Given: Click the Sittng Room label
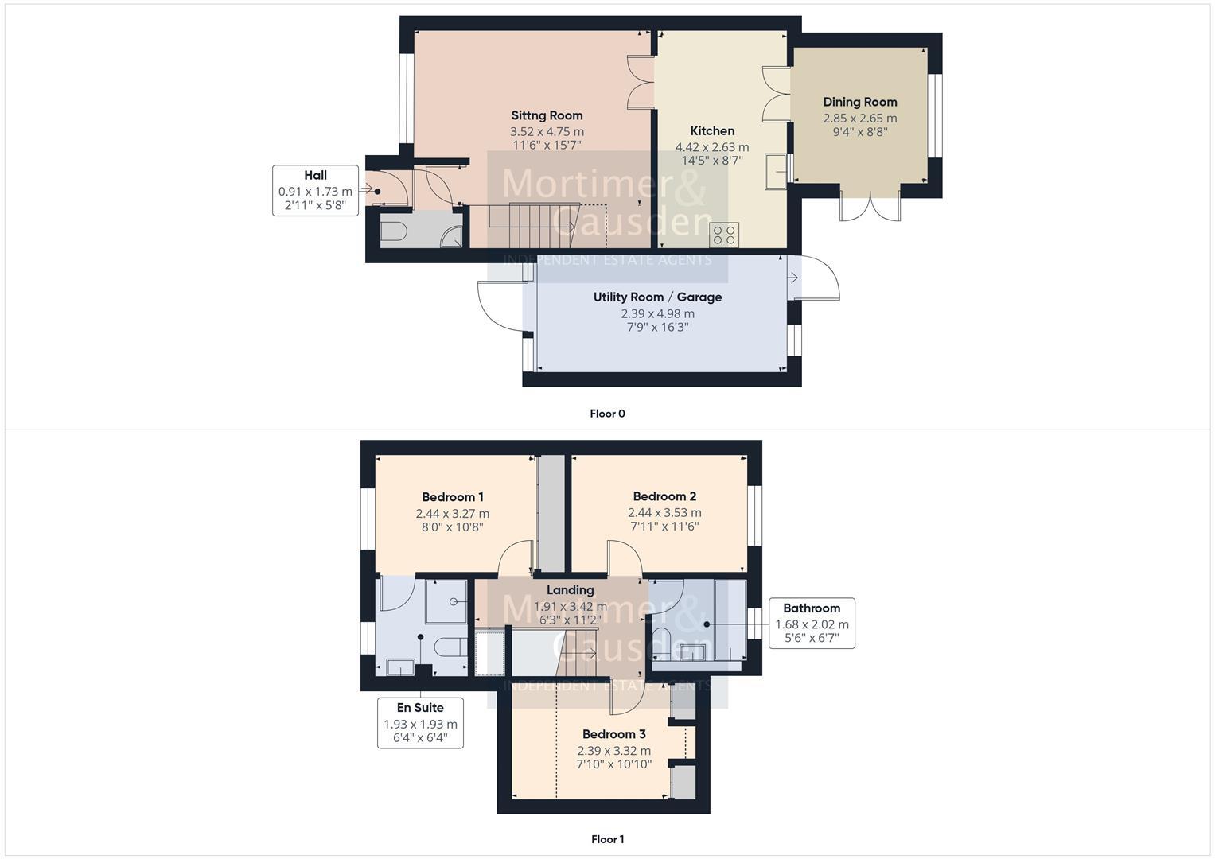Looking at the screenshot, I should coord(547,115).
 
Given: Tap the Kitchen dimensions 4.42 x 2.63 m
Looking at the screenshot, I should coord(711,147).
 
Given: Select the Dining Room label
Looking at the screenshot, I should coord(859,102).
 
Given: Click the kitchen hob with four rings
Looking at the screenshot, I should coord(724,235).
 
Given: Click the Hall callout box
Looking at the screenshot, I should coord(315,191).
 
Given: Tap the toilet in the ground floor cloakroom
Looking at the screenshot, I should coord(393,231).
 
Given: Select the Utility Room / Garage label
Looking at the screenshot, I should coord(657,297).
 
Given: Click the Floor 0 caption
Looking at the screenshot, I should coord(607,414).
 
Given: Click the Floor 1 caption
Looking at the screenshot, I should coord(607,839).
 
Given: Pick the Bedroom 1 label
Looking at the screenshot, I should coord(452,497).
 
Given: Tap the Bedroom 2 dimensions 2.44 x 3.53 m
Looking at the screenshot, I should coord(664,513).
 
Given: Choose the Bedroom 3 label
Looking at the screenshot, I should coord(613,734).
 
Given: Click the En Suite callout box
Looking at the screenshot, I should coord(420,721).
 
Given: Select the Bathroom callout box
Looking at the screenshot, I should coord(812,623).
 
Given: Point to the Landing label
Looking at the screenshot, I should coord(570,590).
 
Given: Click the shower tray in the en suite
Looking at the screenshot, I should coord(446,601).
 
